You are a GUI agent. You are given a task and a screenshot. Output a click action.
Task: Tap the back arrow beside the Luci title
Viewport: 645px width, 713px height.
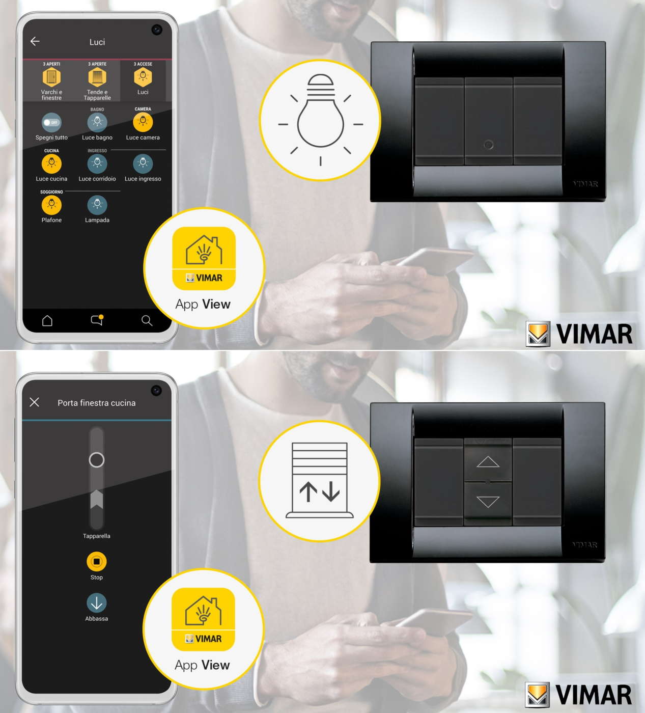(x=35, y=41)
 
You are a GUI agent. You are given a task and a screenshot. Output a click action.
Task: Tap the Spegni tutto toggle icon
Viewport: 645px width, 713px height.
(x=51, y=123)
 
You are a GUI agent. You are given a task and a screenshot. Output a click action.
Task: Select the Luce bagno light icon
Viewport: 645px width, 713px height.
(x=97, y=122)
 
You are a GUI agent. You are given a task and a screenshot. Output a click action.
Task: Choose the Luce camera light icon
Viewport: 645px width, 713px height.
(x=143, y=122)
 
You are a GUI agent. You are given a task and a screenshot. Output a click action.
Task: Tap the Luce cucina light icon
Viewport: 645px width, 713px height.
(x=51, y=163)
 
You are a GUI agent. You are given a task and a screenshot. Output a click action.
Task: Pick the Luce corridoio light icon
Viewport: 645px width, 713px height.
(x=97, y=163)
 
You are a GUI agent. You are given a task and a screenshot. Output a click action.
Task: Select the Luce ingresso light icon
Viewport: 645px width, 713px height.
(x=143, y=163)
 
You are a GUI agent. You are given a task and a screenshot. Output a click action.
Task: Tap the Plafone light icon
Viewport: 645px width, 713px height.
(x=51, y=205)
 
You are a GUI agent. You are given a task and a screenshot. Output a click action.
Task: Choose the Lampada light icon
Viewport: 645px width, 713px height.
(x=97, y=205)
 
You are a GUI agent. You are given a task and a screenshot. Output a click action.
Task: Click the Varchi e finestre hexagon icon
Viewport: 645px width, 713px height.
(x=51, y=77)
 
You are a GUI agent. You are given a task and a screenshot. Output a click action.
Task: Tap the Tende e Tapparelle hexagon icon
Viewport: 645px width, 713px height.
(x=97, y=77)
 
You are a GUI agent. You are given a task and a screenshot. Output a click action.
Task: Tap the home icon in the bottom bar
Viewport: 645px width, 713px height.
(x=47, y=321)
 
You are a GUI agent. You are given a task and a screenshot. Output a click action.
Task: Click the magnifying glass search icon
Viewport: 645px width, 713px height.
(x=147, y=321)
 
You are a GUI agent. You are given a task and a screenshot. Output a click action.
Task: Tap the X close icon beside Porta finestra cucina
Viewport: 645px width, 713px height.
(x=35, y=402)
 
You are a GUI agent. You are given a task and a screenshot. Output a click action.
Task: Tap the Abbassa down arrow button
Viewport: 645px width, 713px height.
(x=97, y=603)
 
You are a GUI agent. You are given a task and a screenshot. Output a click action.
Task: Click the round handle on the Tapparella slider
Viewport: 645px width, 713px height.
(x=97, y=459)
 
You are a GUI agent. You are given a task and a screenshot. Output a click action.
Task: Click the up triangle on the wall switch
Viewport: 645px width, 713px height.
(x=488, y=461)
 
